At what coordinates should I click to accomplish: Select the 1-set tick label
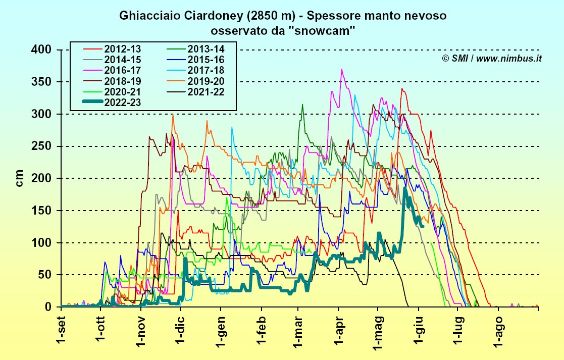coord(61,328)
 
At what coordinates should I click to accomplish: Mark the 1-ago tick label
coord(499,329)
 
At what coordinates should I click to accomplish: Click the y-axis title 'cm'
coord(20,178)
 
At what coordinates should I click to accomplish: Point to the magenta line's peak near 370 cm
coord(342,69)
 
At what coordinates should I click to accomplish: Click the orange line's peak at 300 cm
coord(173,115)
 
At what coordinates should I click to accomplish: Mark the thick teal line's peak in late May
coord(404,189)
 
